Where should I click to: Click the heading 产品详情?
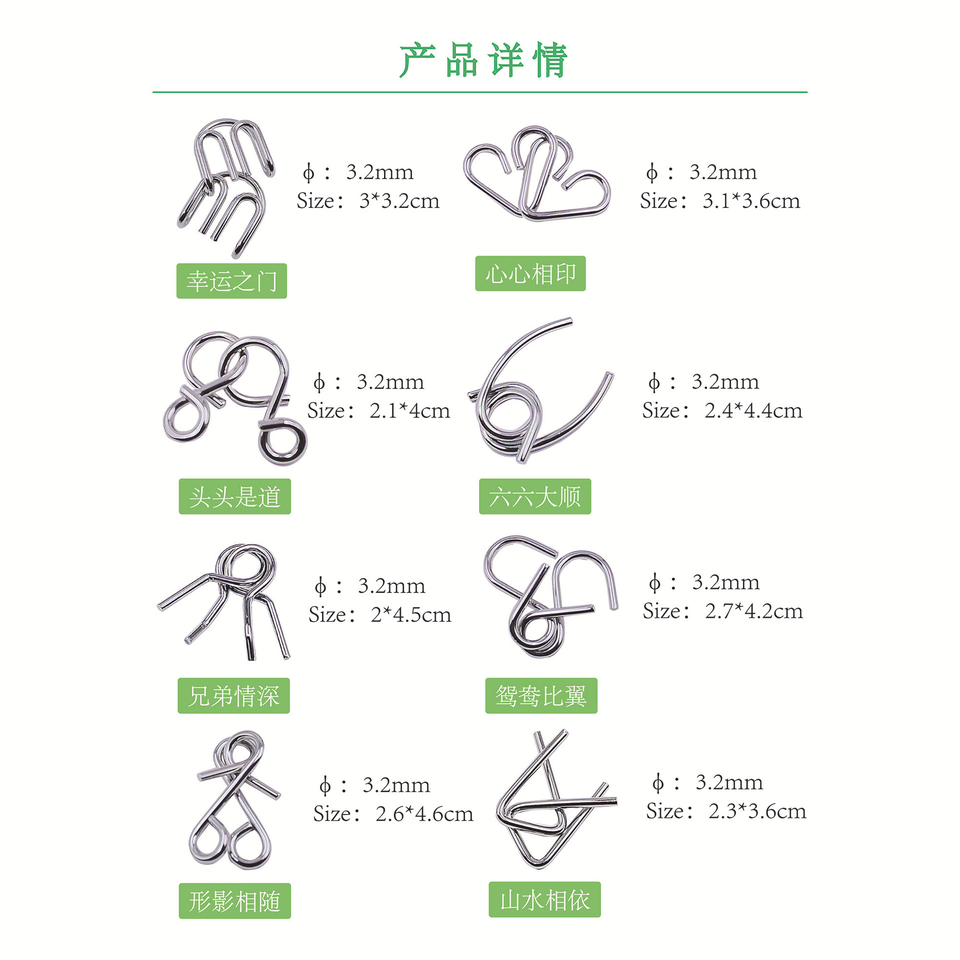[482, 60]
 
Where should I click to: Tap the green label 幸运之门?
[231, 281]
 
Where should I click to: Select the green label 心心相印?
[530, 273]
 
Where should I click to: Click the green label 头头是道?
[234, 496]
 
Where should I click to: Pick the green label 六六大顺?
[535, 496]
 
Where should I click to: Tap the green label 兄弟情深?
[233, 695]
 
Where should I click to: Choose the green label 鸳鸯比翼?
[541, 695]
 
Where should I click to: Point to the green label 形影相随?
[234, 901]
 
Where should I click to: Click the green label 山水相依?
[544, 899]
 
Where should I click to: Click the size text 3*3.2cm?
[399, 201]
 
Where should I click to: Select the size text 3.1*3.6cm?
[751, 201]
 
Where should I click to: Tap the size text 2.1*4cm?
[409, 411]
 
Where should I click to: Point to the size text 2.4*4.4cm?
[753, 411]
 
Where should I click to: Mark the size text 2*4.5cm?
[410, 615]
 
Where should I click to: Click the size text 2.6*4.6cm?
[424, 814]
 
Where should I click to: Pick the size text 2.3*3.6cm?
[757, 811]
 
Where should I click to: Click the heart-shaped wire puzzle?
[537, 175]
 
